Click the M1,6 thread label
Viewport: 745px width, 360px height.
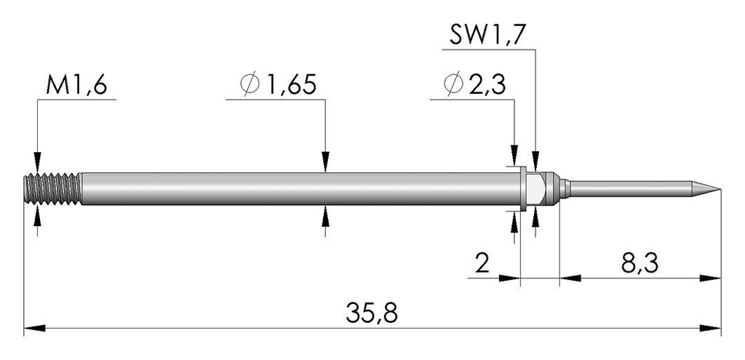76,86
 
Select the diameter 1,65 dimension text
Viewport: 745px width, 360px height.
278,86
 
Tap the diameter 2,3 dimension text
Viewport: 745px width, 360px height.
474,86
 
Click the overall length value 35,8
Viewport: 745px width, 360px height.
372,313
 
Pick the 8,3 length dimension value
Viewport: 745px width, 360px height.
640,263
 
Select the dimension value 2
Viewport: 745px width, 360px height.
482,263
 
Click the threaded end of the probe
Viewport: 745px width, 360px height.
52,189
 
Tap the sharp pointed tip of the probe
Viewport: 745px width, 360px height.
720,190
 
